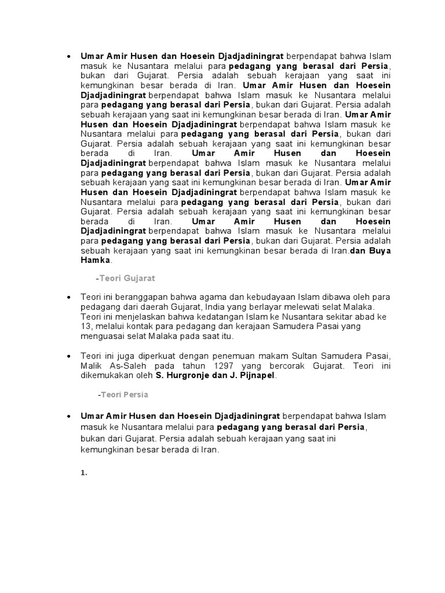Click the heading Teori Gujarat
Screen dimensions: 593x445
pyautogui.click(x=127, y=278)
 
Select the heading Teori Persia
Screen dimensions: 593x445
pyautogui.click(x=123, y=394)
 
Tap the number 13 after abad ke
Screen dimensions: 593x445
pyautogui.click(x=84, y=327)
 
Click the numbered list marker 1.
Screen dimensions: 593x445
pyautogui.click(x=84, y=472)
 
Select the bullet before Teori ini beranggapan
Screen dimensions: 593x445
pyautogui.click(x=69, y=296)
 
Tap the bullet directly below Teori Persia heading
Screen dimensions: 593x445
pyautogui.click(x=69, y=416)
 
